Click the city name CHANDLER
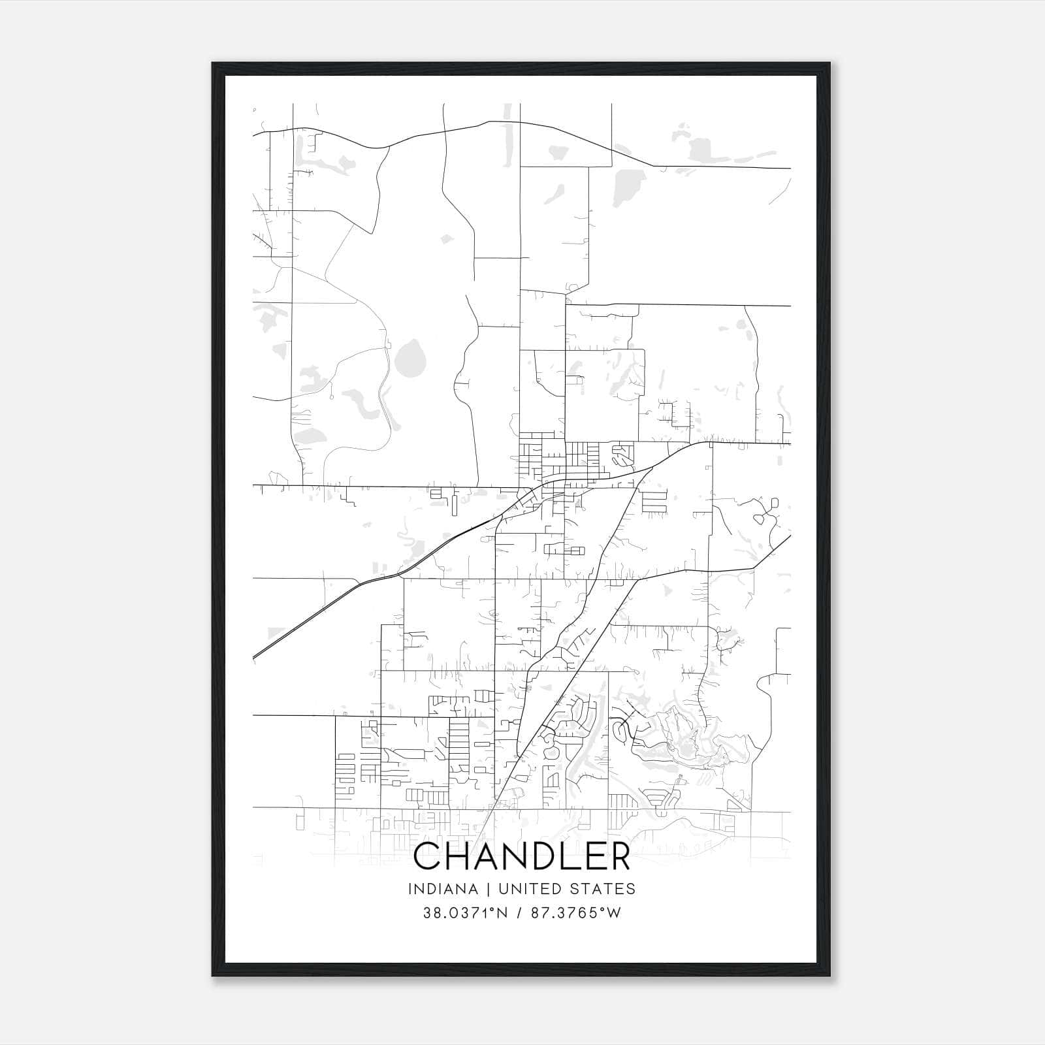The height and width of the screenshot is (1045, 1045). [x=522, y=856]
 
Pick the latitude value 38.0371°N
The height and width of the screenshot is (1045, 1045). [x=465, y=913]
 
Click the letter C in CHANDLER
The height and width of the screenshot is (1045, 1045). [x=429, y=856]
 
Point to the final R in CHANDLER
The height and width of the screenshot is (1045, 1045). [x=619, y=856]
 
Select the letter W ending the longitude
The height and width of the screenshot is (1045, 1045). [x=613, y=913]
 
